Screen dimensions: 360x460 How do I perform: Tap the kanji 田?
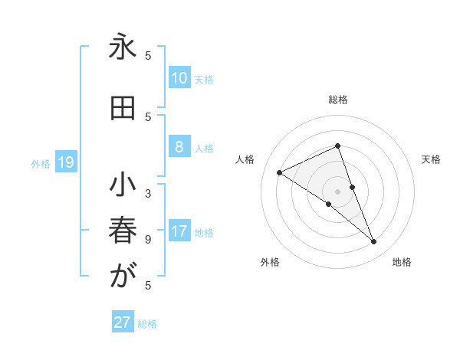click(123, 109)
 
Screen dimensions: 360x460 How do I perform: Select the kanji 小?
click(123, 186)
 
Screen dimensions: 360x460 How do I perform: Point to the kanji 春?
click(123, 231)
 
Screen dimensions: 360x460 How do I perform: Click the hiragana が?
click(123, 276)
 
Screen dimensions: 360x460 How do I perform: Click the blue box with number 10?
click(179, 78)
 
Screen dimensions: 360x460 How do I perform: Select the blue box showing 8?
click(179, 147)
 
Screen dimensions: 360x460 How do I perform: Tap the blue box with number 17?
click(179, 231)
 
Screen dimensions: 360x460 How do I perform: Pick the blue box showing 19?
click(66, 162)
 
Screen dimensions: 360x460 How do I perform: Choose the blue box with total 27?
click(123, 322)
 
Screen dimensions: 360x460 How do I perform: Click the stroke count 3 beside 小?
click(148, 193)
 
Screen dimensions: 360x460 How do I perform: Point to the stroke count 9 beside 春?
click(148, 239)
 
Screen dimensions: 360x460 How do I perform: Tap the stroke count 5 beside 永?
click(148, 55)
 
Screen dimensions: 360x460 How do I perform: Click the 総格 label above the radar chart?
click(338, 100)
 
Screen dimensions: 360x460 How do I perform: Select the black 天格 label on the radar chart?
click(432, 159)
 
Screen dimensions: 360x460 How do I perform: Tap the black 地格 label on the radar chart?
click(402, 262)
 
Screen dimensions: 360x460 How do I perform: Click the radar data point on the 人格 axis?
click(279, 172)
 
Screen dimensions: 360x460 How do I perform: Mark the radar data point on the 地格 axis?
click(374, 242)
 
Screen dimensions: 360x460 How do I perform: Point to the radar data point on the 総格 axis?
click(338, 146)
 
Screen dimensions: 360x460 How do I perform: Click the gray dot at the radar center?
click(338, 191)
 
